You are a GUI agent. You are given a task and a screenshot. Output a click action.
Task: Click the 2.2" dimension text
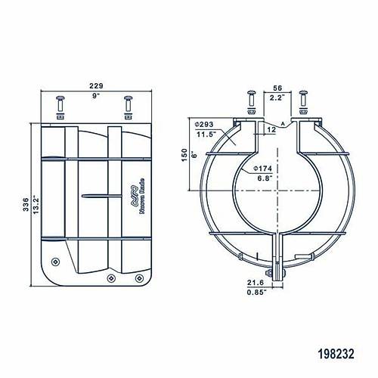[x=277, y=97]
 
